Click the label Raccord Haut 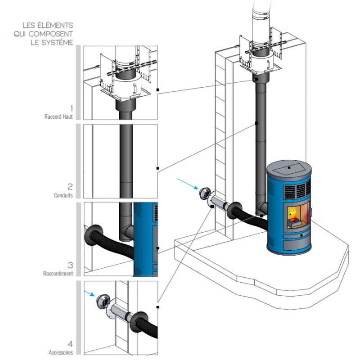coord(58,117)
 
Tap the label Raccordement coord(58,273)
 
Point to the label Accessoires coord(61,353)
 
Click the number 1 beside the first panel coord(71,108)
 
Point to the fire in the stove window coord(293,214)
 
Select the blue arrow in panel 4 coord(89,293)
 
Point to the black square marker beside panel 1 coord(158,90)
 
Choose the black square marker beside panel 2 coord(158,168)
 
